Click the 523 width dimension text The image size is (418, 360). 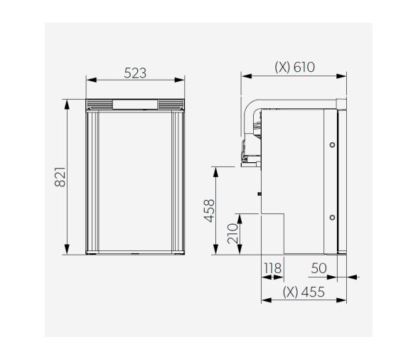135,73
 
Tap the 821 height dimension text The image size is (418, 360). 60,177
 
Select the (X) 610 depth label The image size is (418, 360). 294,68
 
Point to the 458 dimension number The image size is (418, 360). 210,211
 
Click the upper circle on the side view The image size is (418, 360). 332,145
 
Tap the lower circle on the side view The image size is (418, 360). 332,216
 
